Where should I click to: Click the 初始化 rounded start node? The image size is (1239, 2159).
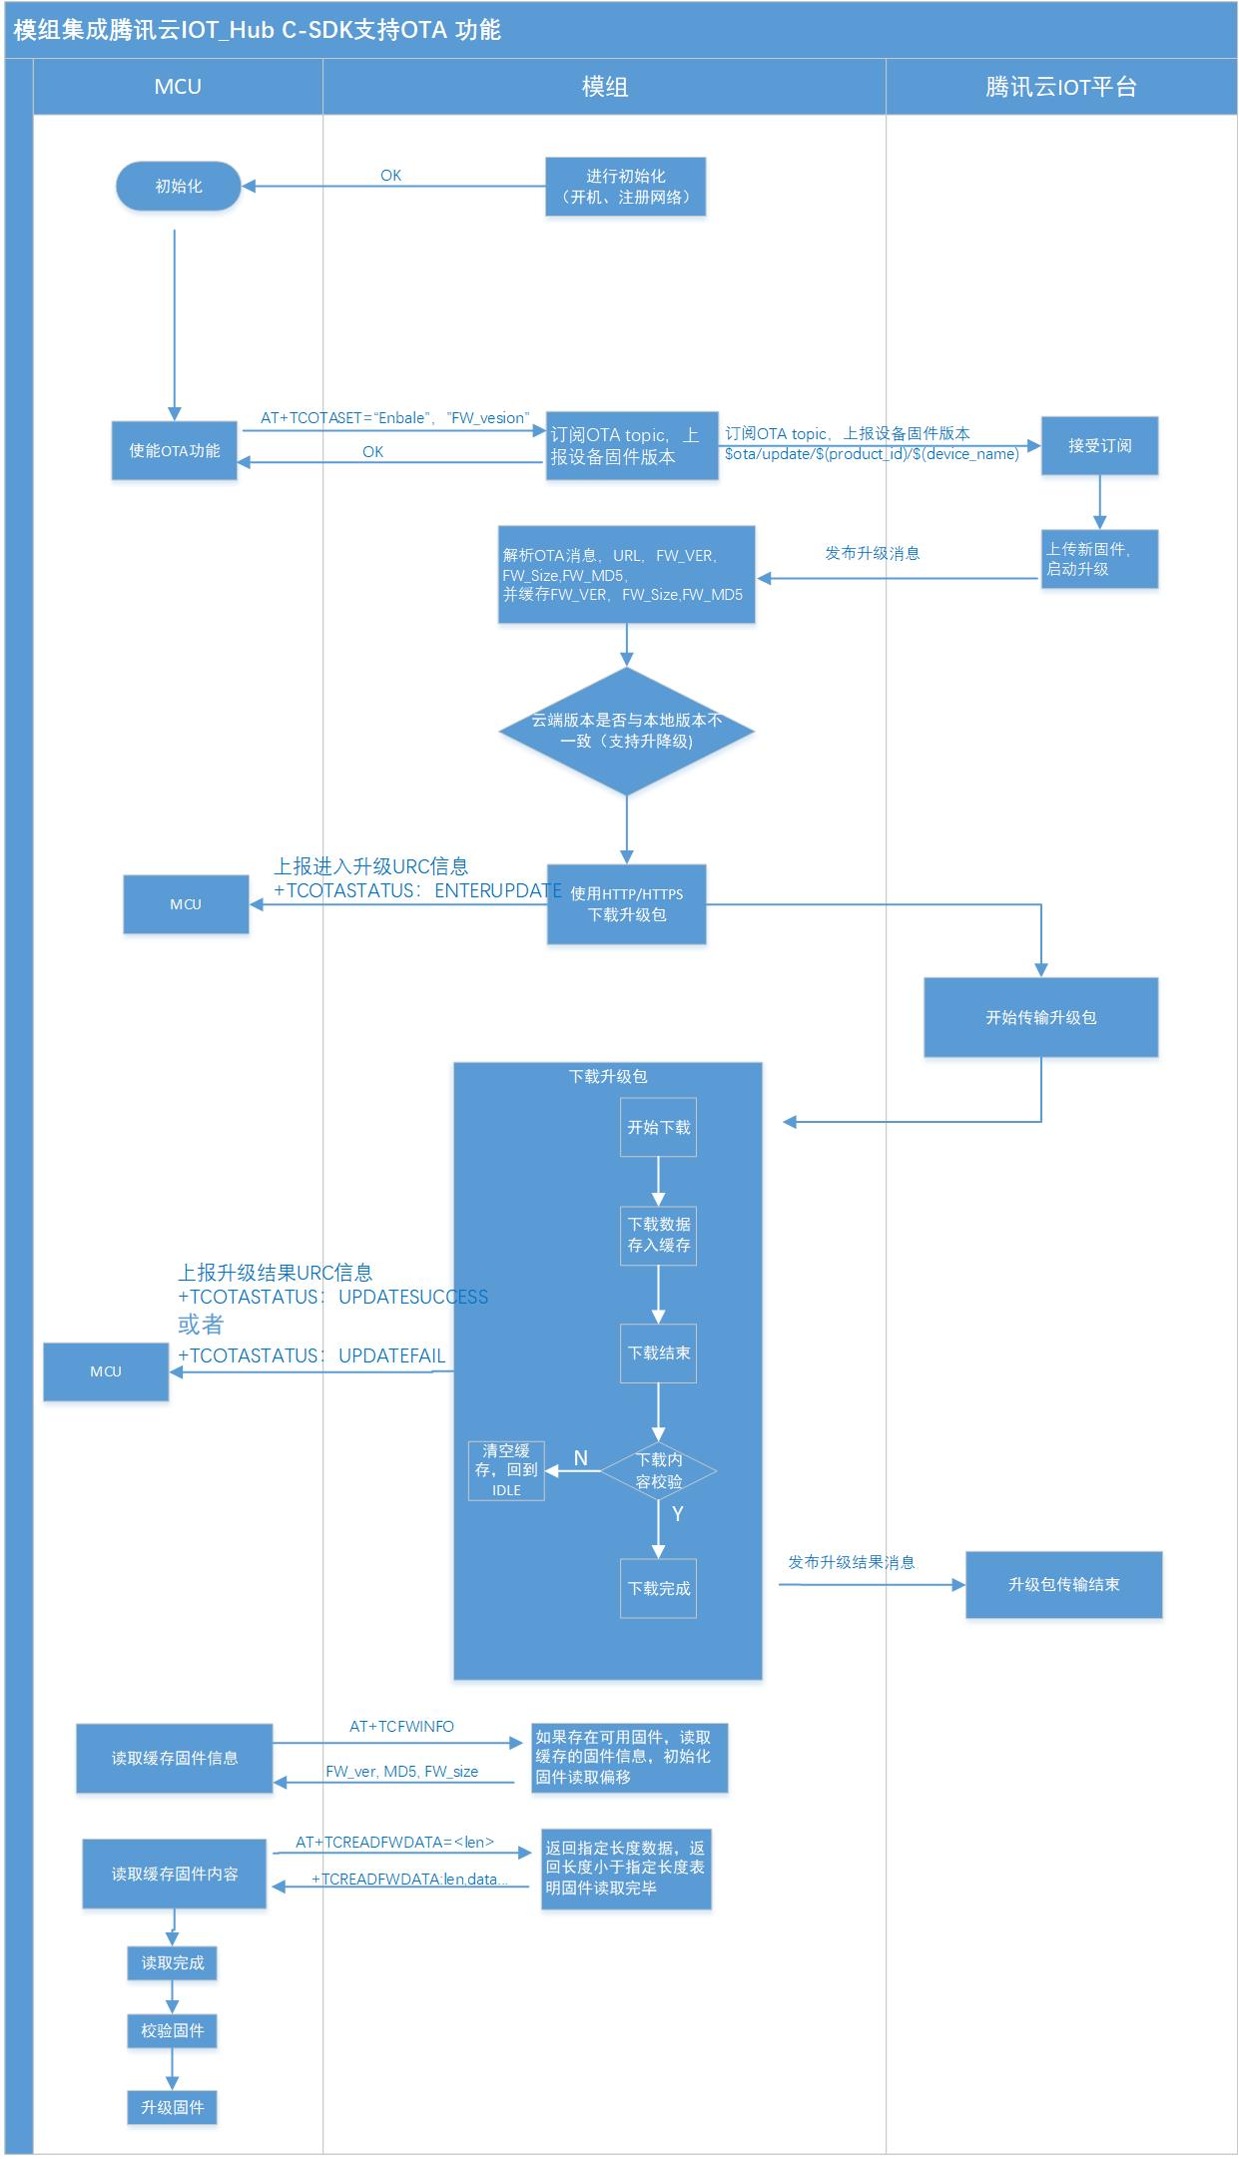coord(179,187)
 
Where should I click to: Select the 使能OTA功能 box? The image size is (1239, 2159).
coord(175,451)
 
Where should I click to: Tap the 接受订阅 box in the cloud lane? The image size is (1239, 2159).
coord(1099,446)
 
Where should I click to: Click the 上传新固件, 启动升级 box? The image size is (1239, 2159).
coord(1099,559)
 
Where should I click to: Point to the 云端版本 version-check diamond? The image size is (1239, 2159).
coord(626,731)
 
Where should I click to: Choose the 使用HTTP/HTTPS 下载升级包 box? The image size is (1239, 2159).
coord(626,904)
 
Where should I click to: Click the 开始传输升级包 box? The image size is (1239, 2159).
coord(1040,1017)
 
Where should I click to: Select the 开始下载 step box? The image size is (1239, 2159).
coord(658,1128)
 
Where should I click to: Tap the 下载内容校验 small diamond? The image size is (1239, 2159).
coord(658,1470)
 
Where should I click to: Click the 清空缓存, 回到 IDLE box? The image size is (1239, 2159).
coord(506,1470)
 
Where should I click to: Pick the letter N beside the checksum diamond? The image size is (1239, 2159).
coord(580,1458)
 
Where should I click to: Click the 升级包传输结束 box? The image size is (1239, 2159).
coord(1063,1585)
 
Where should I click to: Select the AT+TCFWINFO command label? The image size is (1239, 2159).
coord(401,1726)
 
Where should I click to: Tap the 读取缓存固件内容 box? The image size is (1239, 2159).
coord(175,1875)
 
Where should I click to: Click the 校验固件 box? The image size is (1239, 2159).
coord(172,2030)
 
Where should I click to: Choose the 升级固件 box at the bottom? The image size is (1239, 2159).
coord(172,2107)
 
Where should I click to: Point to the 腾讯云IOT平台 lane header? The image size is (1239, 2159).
coord(1060,87)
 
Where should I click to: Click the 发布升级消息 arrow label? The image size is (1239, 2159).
coord(872,553)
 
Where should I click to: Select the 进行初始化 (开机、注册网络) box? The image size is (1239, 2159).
coord(626,187)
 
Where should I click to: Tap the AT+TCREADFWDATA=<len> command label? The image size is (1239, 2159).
coord(394,1842)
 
